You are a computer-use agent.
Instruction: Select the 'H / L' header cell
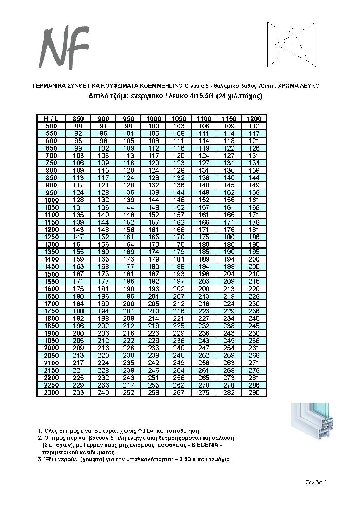click(x=51, y=119)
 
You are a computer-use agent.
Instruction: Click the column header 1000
click(x=154, y=119)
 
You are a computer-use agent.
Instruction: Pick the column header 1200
click(x=254, y=119)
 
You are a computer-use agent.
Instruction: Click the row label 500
click(x=51, y=126)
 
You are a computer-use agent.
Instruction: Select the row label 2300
click(x=51, y=392)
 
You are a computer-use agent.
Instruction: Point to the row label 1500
click(x=51, y=274)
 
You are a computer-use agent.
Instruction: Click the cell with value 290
click(x=254, y=392)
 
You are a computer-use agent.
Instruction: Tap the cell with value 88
click(x=78, y=126)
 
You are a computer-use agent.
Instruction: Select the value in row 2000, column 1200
click(x=254, y=348)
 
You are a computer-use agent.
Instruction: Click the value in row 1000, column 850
click(x=78, y=200)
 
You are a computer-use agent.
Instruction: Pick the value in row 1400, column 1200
click(x=254, y=259)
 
